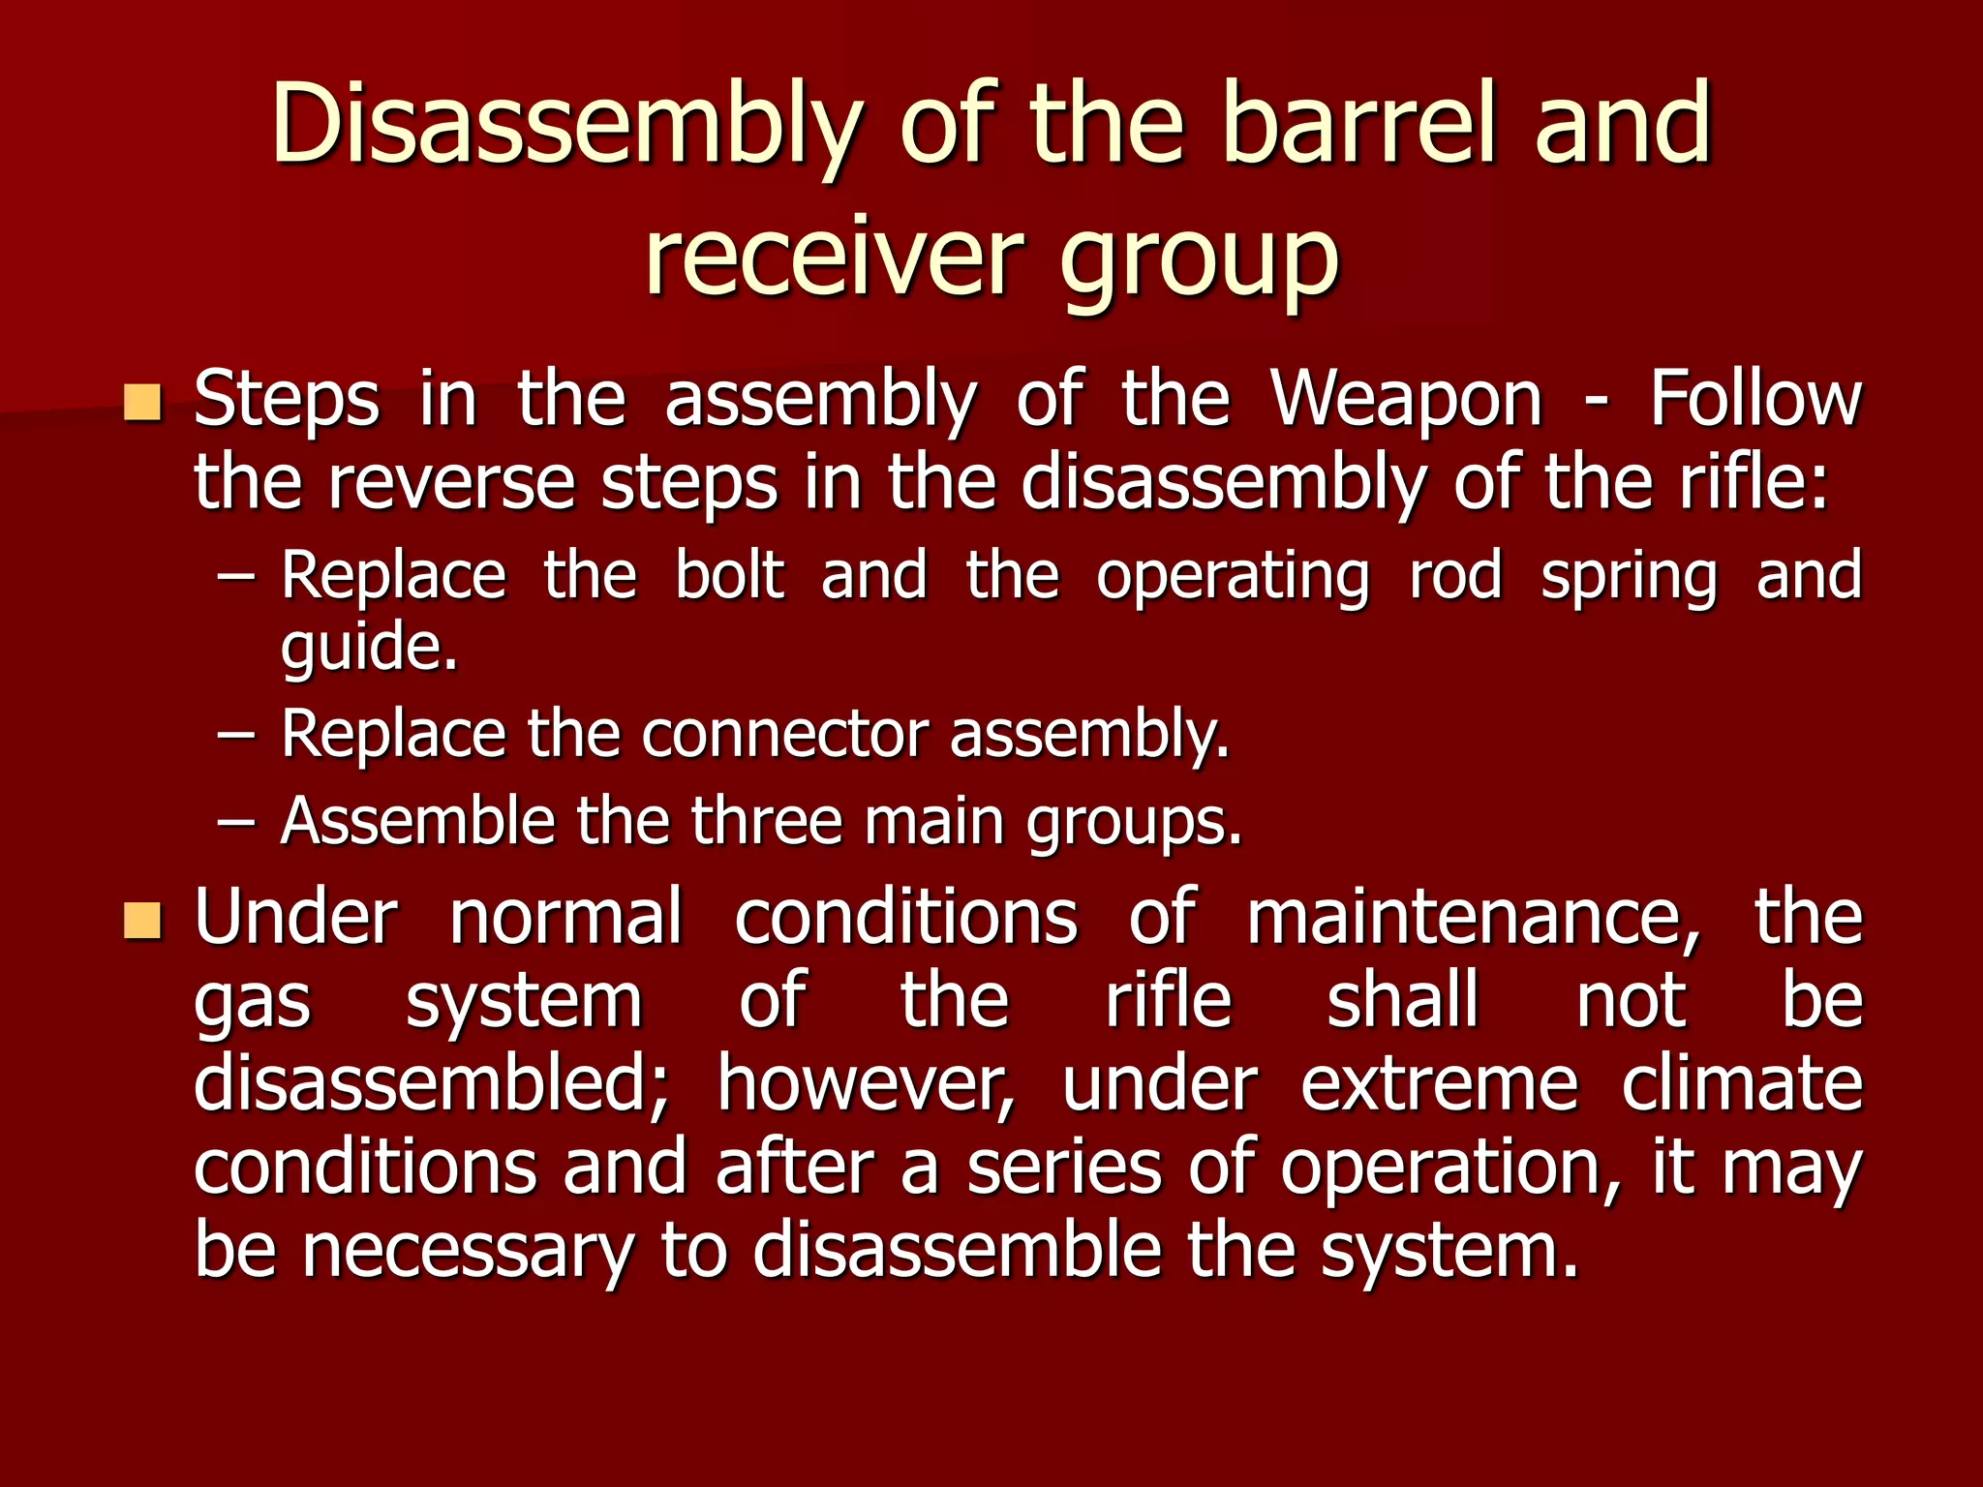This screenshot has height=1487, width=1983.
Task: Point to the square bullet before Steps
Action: click(x=142, y=402)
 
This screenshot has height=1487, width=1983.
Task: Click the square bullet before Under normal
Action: click(x=142, y=921)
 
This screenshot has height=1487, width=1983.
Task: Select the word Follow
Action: click(x=1754, y=398)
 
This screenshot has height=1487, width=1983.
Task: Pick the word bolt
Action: click(x=729, y=575)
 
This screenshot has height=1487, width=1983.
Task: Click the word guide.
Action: click(x=368, y=649)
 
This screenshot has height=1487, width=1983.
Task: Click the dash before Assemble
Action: click(x=237, y=822)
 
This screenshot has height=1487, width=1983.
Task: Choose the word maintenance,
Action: click(x=1473, y=918)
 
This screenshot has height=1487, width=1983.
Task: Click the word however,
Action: click(x=867, y=1084)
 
